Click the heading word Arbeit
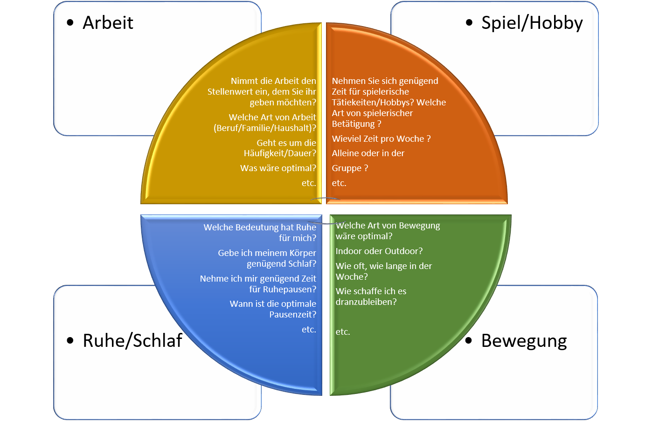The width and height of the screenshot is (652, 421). pos(108,23)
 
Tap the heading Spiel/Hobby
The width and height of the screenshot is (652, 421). pos(532,23)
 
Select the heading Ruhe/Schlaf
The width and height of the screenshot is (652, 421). pos(132,341)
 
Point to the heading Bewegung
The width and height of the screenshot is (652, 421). pos(524,341)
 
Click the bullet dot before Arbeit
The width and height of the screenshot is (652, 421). pos(70,23)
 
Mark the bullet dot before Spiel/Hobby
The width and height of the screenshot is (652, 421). pos(469,23)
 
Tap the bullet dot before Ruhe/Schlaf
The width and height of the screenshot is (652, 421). pos(70,341)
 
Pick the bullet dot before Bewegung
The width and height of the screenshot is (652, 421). pos(469,341)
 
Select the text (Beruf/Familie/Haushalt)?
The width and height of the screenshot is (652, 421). pos(265,128)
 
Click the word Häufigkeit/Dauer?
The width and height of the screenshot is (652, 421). pos(280,153)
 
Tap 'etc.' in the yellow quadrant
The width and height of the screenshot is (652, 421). pos(309,183)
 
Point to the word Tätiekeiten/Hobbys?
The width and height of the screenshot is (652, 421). pos(373,103)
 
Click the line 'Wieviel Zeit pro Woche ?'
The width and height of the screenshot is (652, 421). pos(381,139)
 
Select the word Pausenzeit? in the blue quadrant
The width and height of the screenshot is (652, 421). pos(292,315)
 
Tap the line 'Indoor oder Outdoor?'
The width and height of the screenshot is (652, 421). pos(379,251)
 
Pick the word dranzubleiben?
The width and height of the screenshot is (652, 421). pos(366,302)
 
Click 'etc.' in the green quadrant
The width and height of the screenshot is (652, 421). pos(343,332)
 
